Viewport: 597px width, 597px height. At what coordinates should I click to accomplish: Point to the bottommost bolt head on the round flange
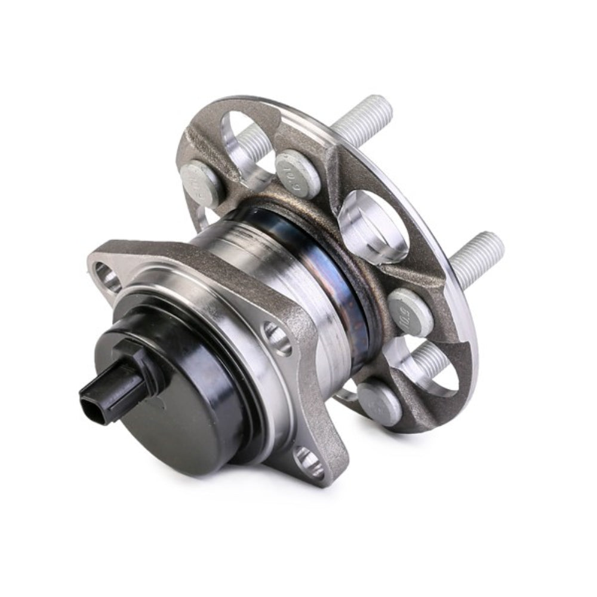point(379,402)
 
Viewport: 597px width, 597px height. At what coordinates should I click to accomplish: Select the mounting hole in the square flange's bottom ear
point(311,460)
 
